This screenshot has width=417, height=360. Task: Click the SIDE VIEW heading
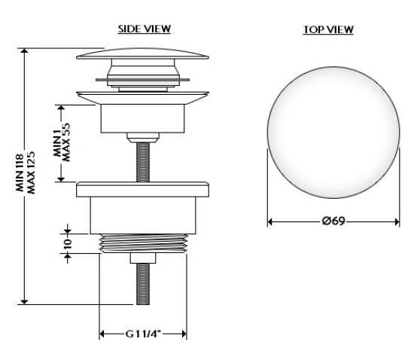click(144, 29)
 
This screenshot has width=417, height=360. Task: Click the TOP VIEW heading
click(328, 29)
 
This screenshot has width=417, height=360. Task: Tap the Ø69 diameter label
click(333, 221)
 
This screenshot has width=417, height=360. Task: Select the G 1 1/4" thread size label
click(143, 334)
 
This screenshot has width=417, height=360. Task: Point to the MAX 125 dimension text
click(31, 172)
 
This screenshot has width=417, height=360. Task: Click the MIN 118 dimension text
click(20, 172)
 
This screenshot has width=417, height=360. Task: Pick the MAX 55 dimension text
click(65, 142)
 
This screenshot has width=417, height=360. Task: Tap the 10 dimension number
click(68, 243)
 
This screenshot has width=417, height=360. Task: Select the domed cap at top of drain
click(142, 54)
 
